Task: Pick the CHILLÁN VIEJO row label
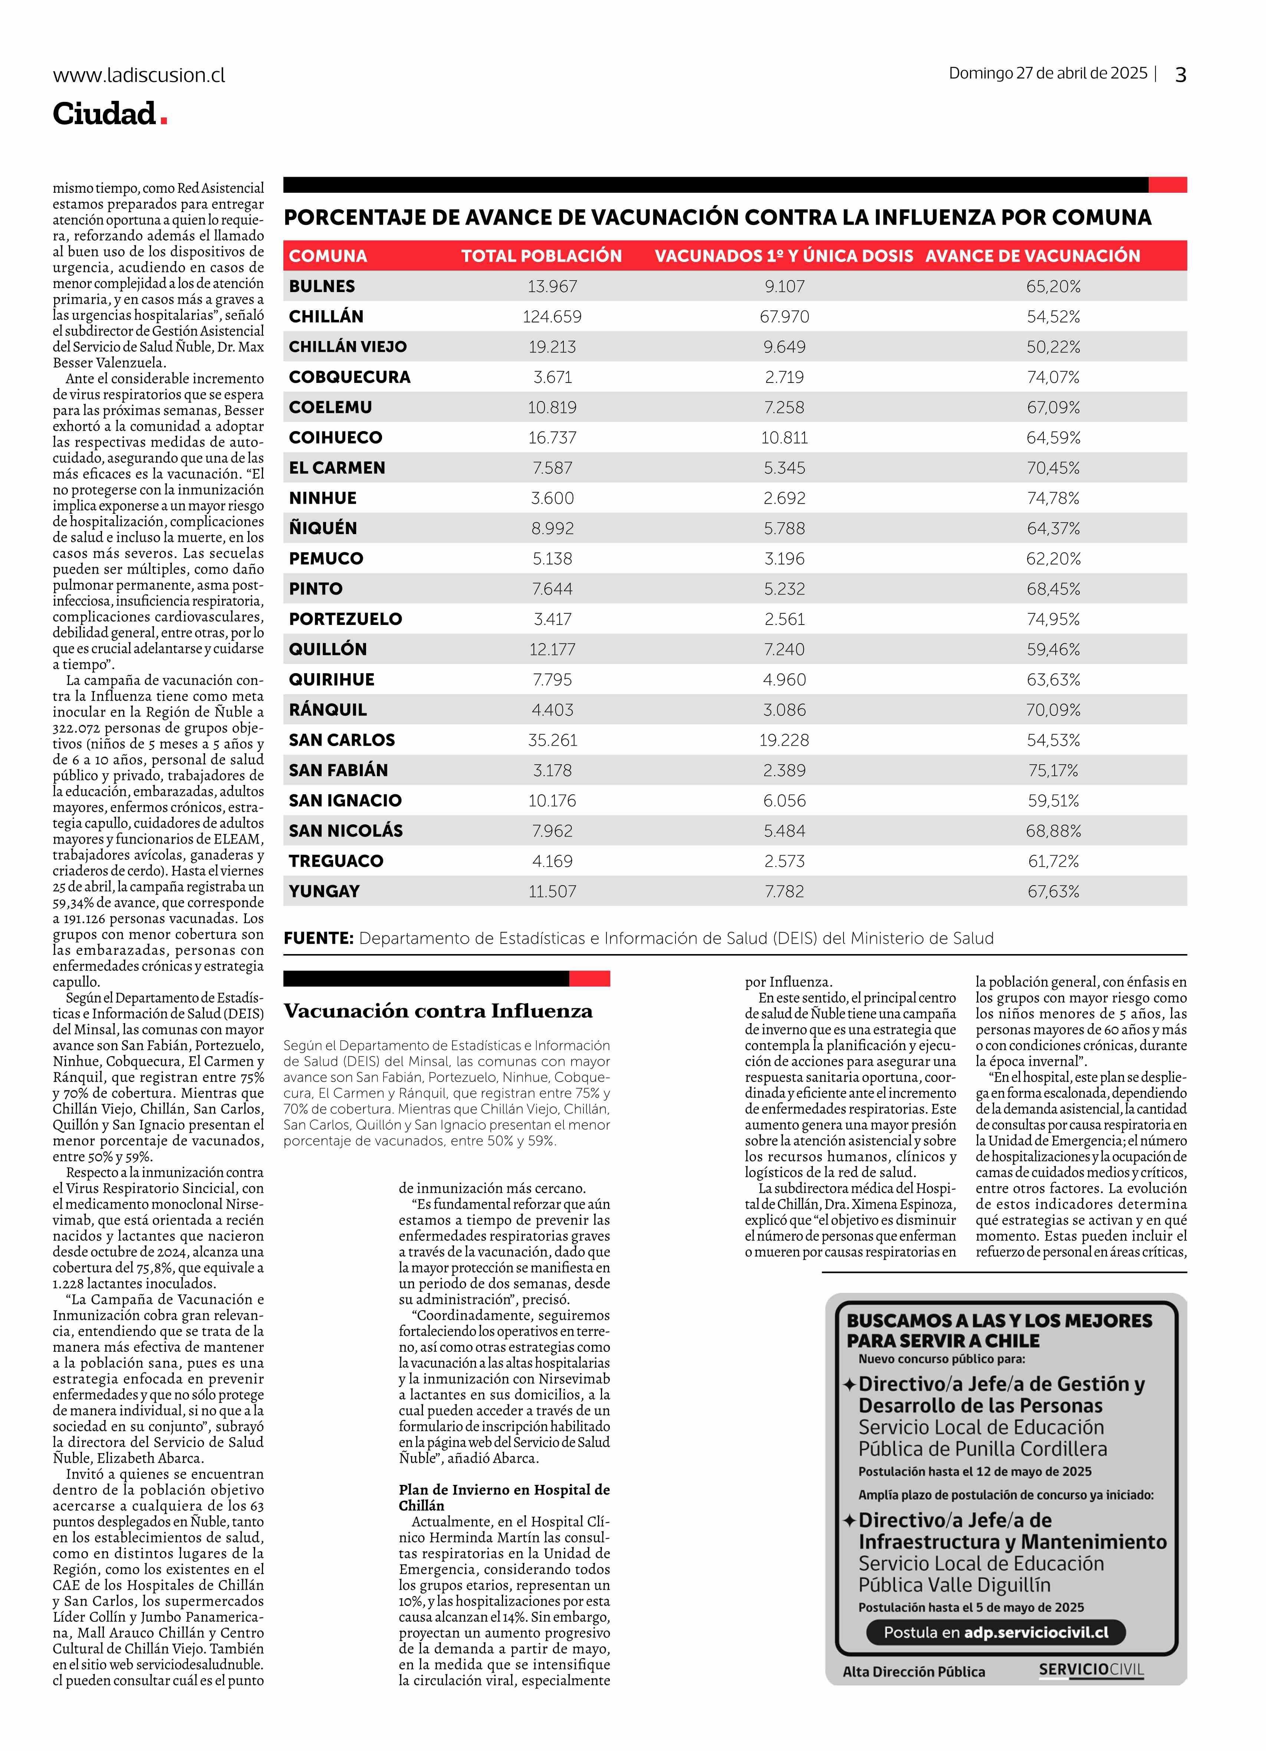(x=348, y=347)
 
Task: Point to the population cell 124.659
(x=552, y=317)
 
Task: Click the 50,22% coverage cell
(x=1053, y=347)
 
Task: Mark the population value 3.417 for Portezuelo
(x=552, y=619)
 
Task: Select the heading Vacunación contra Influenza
(x=438, y=1011)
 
